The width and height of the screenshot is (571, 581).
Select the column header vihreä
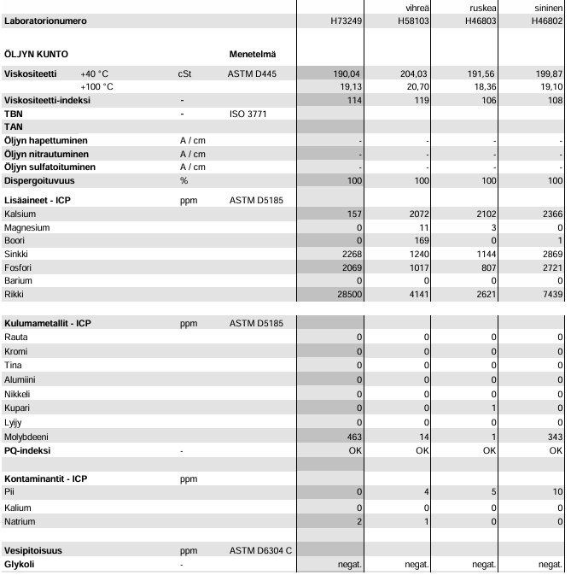click(x=417, y=8)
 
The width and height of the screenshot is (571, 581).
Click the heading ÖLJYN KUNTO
click(x=37, y=54)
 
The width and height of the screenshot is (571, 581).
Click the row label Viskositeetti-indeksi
click(x=59, y=100)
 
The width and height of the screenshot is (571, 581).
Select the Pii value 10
click(x=556, y=492)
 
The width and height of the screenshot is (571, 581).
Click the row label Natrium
click(x=20, y=520)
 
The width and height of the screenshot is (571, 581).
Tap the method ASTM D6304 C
click(x=261, y=551)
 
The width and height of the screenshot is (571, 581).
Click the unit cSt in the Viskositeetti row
click(x=185, y=74)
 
